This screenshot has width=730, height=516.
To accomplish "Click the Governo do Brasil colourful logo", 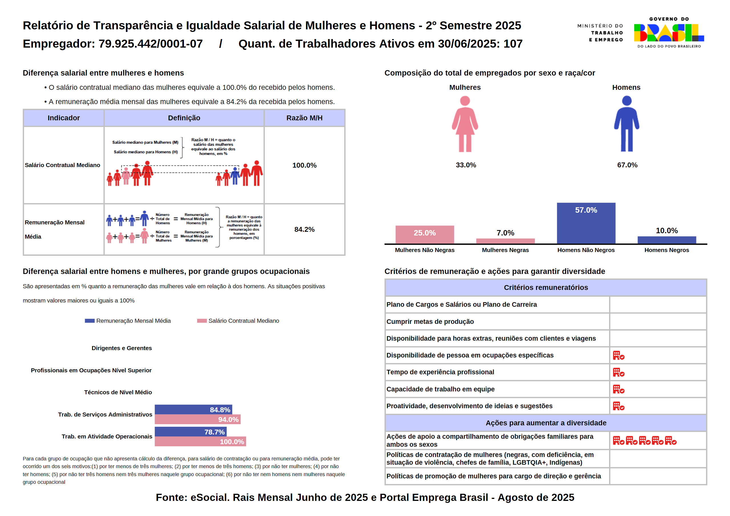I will [x=669, y=33].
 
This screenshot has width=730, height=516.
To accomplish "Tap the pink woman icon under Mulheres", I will [x=465, y=124].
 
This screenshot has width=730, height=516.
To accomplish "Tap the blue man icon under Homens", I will [x=626, y=124].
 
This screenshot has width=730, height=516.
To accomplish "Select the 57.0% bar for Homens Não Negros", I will [x=586, y=223].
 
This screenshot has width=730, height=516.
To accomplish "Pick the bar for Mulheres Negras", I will [x=505, y=241].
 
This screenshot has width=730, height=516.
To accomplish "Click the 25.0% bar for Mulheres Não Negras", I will [x=425, y=234].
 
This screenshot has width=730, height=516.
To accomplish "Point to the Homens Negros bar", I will [x=666, y=240].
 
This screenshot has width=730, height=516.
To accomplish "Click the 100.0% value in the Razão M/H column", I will [x=304, y=165].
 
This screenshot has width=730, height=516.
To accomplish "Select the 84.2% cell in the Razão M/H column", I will [x=304, y=229].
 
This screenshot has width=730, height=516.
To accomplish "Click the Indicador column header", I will [x=64, y=118].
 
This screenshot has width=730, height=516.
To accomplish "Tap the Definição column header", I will [x=184, y=118].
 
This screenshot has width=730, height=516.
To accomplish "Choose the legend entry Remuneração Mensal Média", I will [x=128, y=321].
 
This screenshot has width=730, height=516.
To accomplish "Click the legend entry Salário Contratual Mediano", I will [x=238, y=321].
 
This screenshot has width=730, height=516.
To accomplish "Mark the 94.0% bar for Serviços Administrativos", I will [x=197, y=419].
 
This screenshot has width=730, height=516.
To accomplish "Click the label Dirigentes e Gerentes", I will [x=121, y=348].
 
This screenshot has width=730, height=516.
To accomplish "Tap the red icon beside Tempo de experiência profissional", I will [x=619, y=372].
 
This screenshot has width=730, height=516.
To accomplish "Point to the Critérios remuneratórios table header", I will [x=546, y=287].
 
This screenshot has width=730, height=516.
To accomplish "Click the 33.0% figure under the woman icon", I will [x=466, y=165].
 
